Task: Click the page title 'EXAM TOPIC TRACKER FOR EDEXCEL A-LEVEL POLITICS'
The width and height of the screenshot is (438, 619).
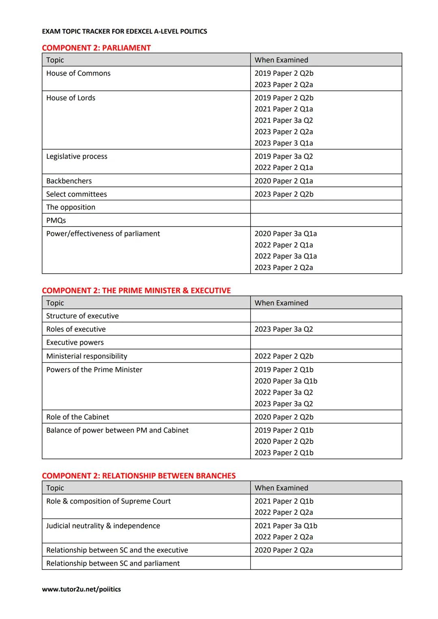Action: pos(125,32)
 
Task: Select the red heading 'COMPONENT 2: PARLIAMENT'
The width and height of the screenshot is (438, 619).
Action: pos(96,48)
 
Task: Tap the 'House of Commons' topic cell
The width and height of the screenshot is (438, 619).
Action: pos(78,73)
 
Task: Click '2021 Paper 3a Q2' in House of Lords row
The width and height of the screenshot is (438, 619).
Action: pos(283,120)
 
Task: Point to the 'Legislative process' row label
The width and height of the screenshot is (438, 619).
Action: pos(77,156)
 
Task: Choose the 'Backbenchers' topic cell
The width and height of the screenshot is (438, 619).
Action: pos(69,181)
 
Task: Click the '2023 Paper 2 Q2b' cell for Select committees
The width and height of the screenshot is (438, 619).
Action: pos(284,194)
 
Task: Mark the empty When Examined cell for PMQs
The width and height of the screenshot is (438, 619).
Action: pos(326,220)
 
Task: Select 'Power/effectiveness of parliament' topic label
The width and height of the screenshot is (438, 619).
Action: pos(103,233)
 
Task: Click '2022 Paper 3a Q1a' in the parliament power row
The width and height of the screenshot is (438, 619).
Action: pos(286,256)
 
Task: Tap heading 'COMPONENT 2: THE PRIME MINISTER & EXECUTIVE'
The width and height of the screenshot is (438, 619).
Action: pos(136,291)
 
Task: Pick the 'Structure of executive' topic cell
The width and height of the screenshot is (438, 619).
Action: pos(82,316)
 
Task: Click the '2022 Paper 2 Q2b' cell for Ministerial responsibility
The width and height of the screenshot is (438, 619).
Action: pos(284,356)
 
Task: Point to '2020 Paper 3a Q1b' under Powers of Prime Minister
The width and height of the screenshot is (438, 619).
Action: pos(286,381)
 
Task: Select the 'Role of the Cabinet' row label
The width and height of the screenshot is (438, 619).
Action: pos(77,417)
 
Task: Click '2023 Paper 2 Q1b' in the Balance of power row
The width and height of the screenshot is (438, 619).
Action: pos(284,453)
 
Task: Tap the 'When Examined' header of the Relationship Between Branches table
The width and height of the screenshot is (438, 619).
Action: pos(281,488)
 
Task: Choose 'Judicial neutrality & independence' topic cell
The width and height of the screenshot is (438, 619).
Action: pos(103,526)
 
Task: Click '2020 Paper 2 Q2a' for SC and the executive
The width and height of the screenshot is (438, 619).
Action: pos(283,550)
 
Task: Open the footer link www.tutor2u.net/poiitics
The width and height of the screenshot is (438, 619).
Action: pos(81,589)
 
